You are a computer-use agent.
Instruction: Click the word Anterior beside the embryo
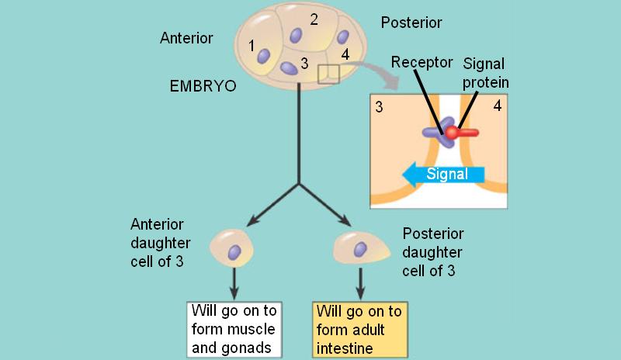(186, 37)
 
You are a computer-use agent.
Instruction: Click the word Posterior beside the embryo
(411, 23)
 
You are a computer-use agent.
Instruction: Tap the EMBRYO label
(203, 85)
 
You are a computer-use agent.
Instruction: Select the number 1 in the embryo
(252, 46)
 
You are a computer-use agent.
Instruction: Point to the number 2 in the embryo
(314, 19)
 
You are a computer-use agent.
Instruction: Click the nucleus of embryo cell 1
(264, 56)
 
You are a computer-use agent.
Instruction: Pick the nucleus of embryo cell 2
(297, 35)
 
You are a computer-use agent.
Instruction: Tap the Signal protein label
(487, 72)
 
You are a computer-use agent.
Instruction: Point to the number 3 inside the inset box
(379, 106)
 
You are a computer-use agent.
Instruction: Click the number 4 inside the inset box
(497, 106)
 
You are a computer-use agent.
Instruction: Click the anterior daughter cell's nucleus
(234, 251)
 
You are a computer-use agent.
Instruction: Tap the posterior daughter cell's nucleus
(360, 248)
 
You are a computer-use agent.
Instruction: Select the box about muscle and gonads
(233, 330)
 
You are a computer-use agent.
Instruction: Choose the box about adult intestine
(359, 330)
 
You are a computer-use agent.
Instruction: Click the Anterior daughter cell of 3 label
(168, 243)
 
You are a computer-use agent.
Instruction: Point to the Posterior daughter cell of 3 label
(433, 251)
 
